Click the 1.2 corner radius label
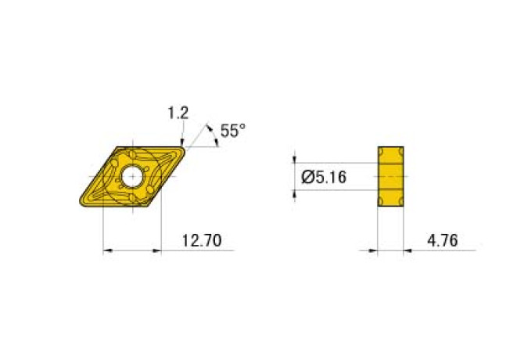[x=178, y=113]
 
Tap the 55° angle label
[x=232, y=131]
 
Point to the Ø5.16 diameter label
[x=325, y=178]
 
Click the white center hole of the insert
[x=131, y=177]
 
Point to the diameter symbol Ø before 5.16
[x=307, y=178]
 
